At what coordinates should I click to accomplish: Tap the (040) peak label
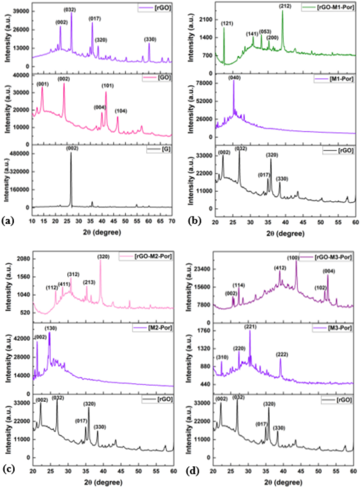pyautogui.click(x=234, y=78)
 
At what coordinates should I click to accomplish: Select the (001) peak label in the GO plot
pyautogui.click(x=43, y=83)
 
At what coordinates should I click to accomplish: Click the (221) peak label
pyautogui.click(x=250, y=327)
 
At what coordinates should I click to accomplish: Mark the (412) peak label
pyautogui.click(x=280, y=268)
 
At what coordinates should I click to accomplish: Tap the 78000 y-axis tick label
pyautogui.click(x=202, y=83)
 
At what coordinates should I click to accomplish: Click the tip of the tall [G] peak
pyautogui.click(x=71, y=153)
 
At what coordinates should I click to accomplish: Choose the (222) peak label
pyautogui.click(x=282, y=355)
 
